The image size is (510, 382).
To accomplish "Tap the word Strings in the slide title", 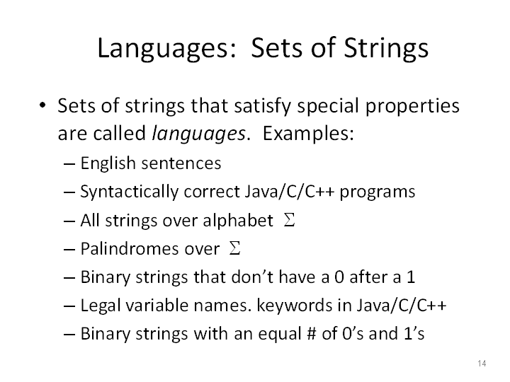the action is click(386, 48).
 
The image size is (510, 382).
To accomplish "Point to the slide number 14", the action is click(482, 363).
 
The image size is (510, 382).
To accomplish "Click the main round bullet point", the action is click(42, 105).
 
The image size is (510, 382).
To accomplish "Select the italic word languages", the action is click(199, 134).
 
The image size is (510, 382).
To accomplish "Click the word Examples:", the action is click(308, 133).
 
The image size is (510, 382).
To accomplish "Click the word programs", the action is click(378, 192).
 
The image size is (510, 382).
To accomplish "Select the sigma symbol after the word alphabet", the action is click(289, 220).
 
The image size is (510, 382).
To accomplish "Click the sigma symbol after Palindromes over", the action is click(234, 248).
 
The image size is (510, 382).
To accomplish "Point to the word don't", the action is click(234, 277).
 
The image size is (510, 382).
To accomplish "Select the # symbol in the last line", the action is click(311, 334).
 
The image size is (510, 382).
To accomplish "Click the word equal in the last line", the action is click(280, 335).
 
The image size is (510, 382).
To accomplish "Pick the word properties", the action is click(412, 106).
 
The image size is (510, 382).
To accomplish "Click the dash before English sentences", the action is click(69, 164).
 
